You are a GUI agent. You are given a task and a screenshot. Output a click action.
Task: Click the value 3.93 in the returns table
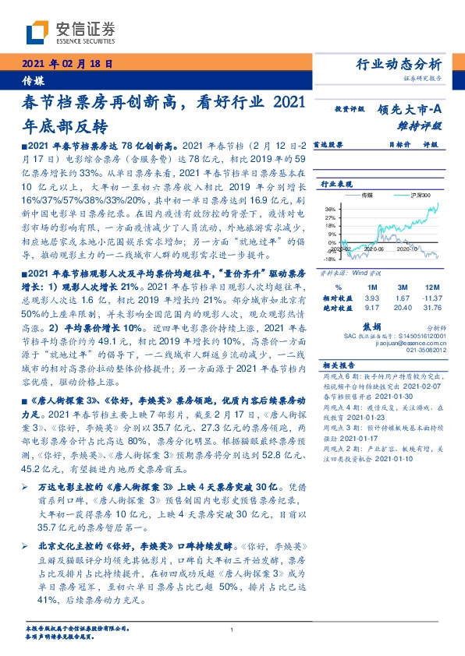click(x=371, y=298)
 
